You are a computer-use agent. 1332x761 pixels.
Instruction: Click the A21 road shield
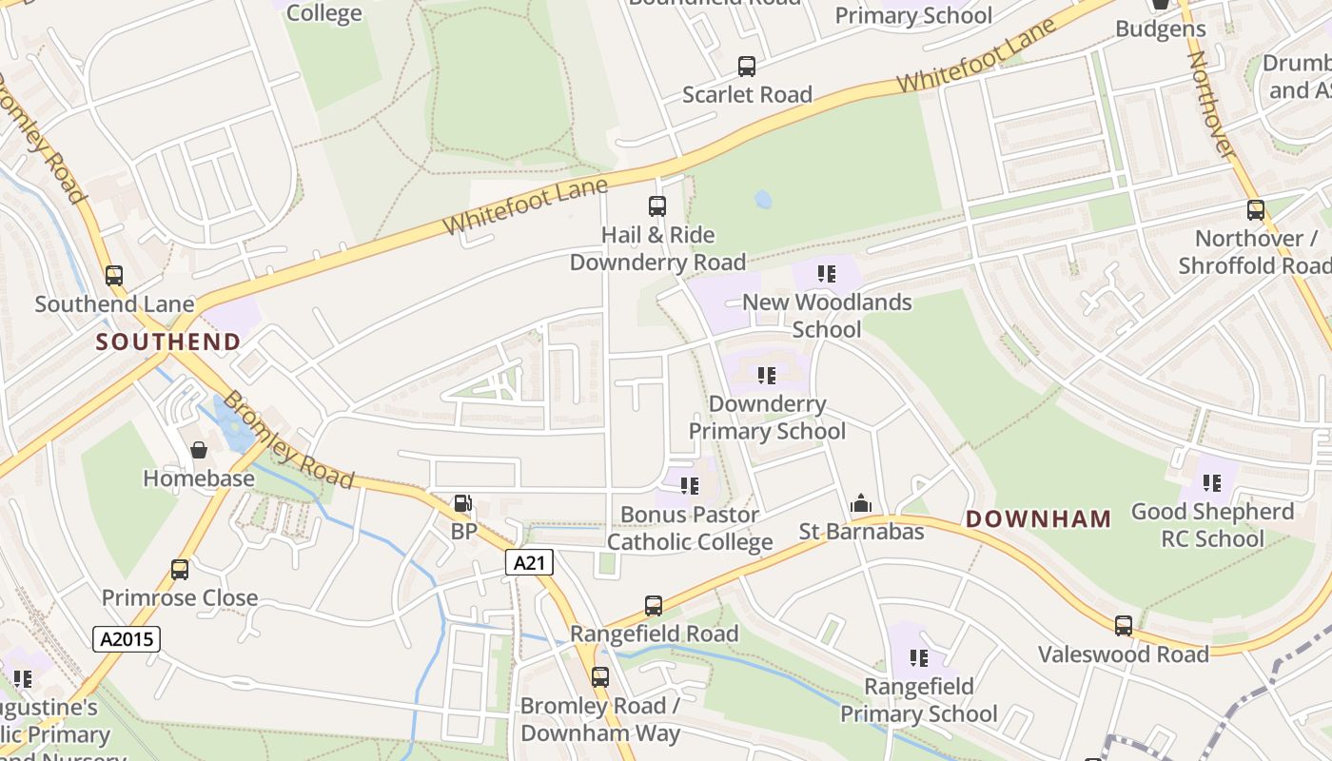click(x=528, y=562)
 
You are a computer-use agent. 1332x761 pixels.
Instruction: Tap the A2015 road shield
click(x=127, y=638)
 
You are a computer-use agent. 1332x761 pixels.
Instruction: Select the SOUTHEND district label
click(x=168, y=342)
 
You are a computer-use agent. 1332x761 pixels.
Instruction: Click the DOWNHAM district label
click(x=1038, y=519)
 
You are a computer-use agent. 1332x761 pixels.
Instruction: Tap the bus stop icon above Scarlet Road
click(x=747, y=67)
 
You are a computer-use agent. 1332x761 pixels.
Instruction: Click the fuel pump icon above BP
click(x=462, y=503)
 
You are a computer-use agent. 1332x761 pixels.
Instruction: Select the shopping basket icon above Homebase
click(x=199, y=450)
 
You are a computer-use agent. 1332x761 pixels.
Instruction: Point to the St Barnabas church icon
click(x=861, y=503)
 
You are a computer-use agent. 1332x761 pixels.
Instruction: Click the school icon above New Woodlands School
click(x=826, y=275)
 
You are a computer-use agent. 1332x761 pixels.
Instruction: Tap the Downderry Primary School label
click(x=767, y=418)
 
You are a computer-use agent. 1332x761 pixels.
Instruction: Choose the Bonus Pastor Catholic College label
click(x=690, y=529)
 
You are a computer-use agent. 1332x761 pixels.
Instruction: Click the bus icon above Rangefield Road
click(x=653, y=606)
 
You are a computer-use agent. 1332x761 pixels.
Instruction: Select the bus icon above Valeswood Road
click(x=1124, y=626)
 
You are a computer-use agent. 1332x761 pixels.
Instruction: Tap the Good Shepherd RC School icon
click(x=1211, y=483)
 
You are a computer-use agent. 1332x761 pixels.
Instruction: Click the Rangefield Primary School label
click(x=918, y=700)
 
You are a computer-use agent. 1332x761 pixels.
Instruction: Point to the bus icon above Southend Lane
click(x=114, y=276)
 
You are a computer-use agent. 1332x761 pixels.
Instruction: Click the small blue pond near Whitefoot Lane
click(x=763, y=200)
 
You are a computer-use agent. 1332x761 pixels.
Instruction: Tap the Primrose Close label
click(x=180, y=598)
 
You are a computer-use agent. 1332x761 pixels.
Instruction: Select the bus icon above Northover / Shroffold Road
click(x=1256, y=210)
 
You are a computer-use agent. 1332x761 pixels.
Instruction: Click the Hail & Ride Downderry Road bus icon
click(x=656, y=205)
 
